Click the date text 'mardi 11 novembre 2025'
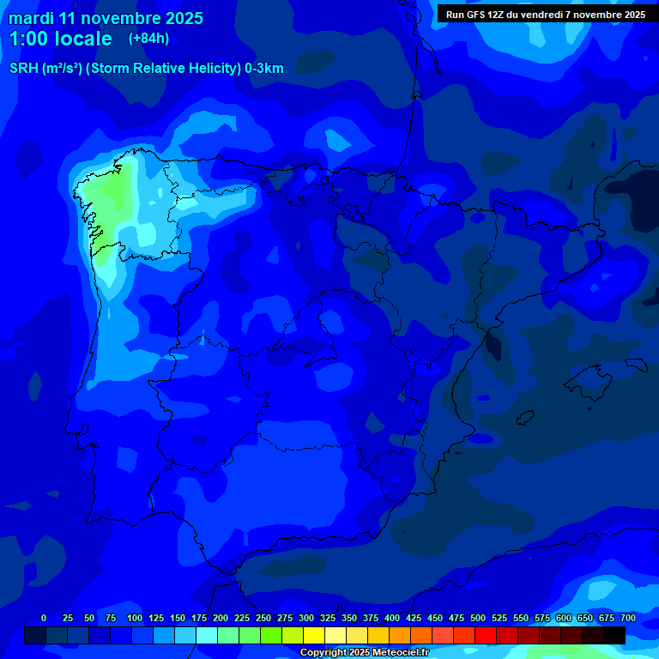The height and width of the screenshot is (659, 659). pyautogui.click(x=106, y=18)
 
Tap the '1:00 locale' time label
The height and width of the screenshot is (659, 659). pyautogui.click(x=60, y=39)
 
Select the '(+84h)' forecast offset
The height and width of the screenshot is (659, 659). pyautogui.click(x=148, y=38)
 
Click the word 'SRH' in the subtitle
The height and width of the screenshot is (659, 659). pyautogui.click(x=23, y=69)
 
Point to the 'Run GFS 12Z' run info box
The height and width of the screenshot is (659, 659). pyautogui.click(x=545, y=14)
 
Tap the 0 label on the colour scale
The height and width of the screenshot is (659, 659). pyautogui.click(x=44, y=618)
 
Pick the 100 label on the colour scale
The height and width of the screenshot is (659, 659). pyautogui.click(x=135, y=618)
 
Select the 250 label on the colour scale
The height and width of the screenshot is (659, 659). pyautogui.click(x=263, y=618)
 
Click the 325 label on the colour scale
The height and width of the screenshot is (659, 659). pyautogui.click(x=328, y=618)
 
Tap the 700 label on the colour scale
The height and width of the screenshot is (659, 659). pyautogui.click(x=627, y=618)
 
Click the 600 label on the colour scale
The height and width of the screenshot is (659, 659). pyautogui.click(x=564, y=618)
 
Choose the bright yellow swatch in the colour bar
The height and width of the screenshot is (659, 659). pyautogui.click(x=314, y=635)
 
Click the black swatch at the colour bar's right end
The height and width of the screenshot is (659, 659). pyautogui.click(x=614, y=635)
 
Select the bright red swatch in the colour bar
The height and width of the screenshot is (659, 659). pyautogui.click(x=486, y=635)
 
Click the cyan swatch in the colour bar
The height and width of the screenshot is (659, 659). pyautogui.click(x=207, y=635)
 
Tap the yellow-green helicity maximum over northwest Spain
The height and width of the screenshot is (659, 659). pyautogui.click(x=109, y=193)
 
